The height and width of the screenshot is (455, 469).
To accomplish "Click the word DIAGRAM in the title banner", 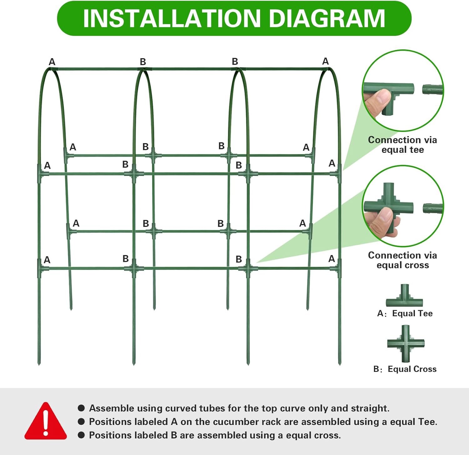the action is (327, 18).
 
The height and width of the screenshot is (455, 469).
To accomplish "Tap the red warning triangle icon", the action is (46, 421).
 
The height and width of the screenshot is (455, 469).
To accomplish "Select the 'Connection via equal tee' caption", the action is (402, 145).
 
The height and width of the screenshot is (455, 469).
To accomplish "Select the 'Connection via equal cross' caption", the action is (402, 260).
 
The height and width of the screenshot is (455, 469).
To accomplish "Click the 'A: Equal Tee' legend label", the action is (405, 313).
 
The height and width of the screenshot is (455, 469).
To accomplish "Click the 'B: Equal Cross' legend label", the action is (405, 369).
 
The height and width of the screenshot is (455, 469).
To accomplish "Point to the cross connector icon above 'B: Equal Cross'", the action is (406, 343).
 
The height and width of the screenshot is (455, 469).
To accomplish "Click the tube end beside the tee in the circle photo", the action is (433, 89).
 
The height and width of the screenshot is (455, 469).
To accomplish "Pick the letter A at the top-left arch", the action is (52, 62).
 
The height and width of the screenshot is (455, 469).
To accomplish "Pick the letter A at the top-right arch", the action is (325, 61).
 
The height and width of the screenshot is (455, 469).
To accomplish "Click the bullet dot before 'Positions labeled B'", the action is (81, 435).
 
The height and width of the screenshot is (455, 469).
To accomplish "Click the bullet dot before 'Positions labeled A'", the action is (81, 422).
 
